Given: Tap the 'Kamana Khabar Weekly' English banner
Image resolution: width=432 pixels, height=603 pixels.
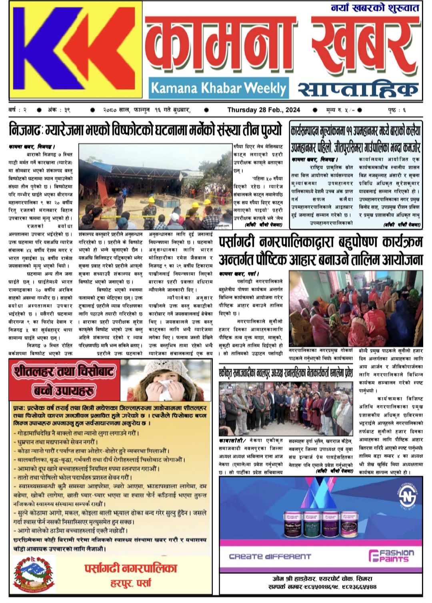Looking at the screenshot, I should click(218, 88).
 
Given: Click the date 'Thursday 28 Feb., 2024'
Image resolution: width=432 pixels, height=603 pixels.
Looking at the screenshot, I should click(264, 110).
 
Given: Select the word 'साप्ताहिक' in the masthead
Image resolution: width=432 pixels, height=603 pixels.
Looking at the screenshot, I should click(358, 88).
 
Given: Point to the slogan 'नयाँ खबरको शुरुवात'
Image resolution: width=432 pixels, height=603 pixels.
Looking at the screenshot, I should click(375, 8).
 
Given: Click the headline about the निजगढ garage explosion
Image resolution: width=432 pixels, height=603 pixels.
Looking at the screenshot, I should click(146, 131).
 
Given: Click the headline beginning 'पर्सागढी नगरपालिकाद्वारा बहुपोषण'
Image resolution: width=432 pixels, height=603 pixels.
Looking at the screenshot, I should click(320, 251).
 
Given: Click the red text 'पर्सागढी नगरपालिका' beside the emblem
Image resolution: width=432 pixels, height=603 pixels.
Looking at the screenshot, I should click(130, 568).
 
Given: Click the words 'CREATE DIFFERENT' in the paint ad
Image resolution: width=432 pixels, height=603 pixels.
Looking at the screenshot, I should click(270, 556).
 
